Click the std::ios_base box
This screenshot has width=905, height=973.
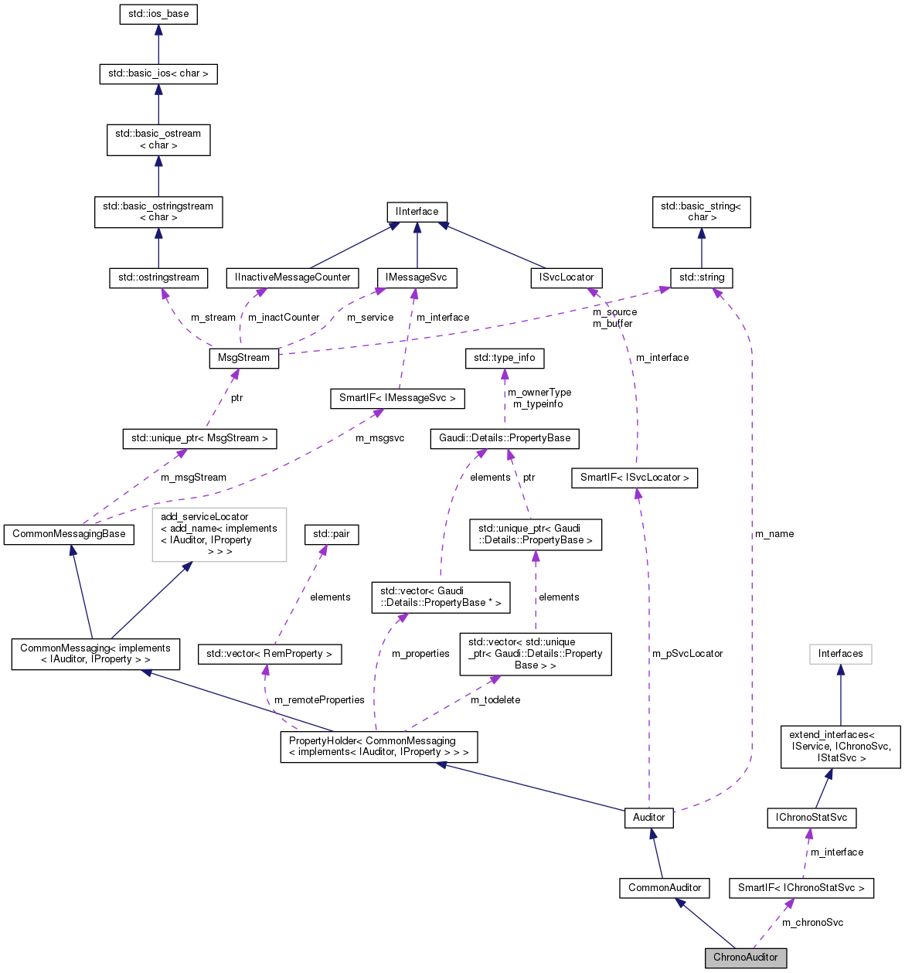click(158, 15)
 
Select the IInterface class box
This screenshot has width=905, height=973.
click(417, 212)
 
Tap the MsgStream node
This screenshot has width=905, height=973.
click(243, 359)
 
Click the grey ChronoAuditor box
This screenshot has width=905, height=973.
click(745, 958)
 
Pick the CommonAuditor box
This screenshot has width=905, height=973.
click(664, 888)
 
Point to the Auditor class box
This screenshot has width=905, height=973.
click(648, 818)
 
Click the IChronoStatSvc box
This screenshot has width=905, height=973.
click(811, 818)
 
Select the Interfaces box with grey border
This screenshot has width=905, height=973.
click(840, 654)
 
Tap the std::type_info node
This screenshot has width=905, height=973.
click(504, 359)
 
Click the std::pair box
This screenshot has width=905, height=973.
click(332, 534)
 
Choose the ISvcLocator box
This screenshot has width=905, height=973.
click(566, 277)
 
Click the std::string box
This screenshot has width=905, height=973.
click(701, 277)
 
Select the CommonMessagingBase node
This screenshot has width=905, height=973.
click(69, 534)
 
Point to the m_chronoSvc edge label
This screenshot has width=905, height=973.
click(812, 923)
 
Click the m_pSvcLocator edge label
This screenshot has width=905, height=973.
click(687, 654)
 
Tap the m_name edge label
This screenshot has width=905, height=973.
click(774, 534)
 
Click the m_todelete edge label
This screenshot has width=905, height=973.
click(495, 700)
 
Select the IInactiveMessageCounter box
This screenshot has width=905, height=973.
click(292, 277)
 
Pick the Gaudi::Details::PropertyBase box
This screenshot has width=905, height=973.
click(505, 438)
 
